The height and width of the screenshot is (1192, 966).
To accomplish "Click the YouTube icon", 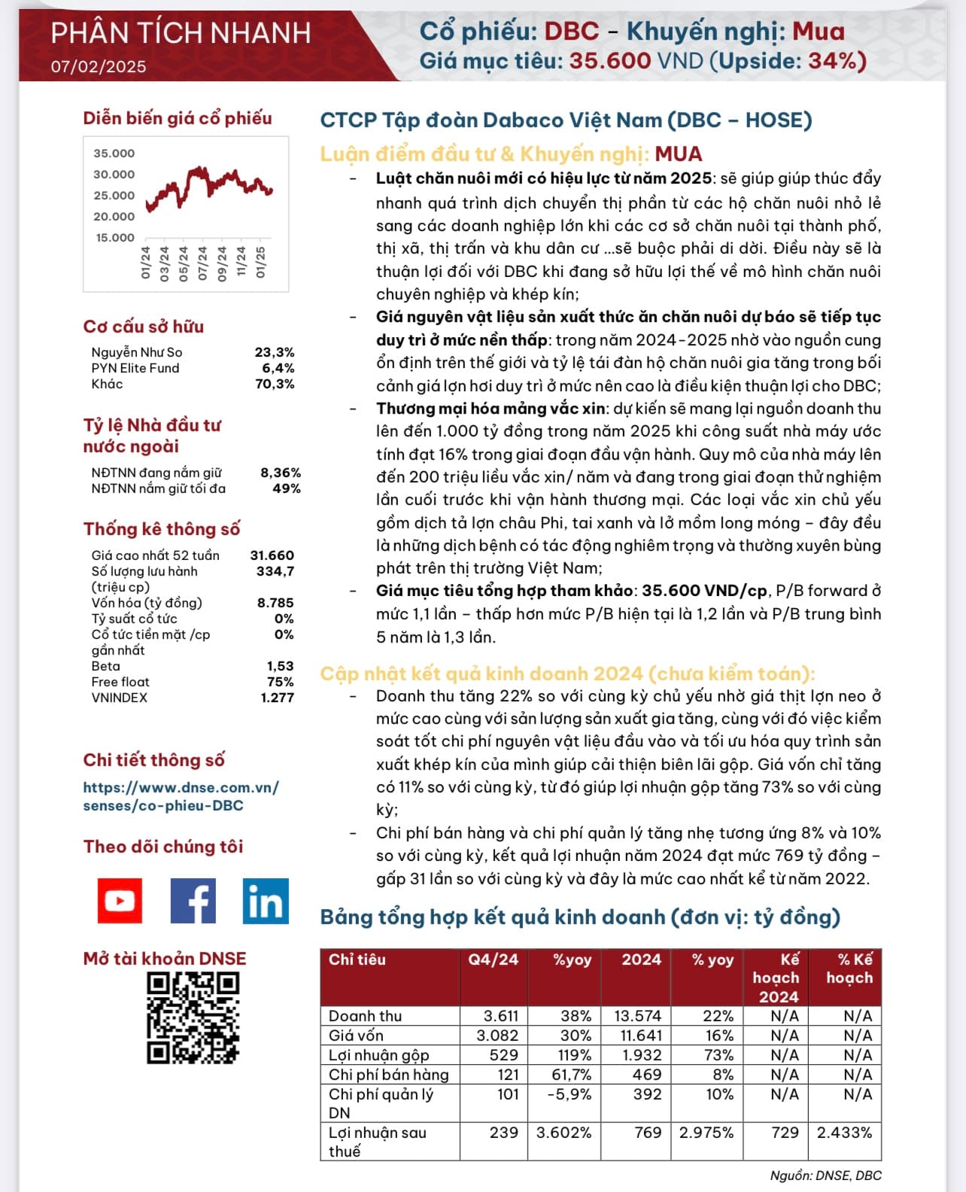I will click(120, 900).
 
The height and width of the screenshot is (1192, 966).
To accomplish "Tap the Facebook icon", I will click(193, 900).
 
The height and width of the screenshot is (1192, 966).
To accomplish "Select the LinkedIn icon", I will click(265, 900).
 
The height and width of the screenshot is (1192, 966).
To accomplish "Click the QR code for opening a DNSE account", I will click(193, 1017).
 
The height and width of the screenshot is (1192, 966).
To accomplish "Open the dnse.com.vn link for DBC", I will click(181, 796).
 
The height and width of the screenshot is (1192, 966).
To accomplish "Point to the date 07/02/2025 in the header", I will click(99, 66).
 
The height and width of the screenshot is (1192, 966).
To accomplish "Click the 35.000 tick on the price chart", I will click(114, 154).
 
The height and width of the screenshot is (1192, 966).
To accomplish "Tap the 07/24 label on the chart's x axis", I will click(202, 263).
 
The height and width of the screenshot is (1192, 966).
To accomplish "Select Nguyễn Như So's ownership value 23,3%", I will click(274, 352).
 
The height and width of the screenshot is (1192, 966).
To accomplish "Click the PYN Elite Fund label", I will click(135, 368).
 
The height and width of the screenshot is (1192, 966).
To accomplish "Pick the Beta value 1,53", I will click(280, 666).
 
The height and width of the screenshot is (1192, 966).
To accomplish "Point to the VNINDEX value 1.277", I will click(277, 698).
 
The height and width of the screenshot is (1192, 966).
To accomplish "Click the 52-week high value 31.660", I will click(272, 555).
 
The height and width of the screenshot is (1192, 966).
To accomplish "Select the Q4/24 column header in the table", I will click(493, 959).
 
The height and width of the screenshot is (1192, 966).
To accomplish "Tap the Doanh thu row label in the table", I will click(365, 1016).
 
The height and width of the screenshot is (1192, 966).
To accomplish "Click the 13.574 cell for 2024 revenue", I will click(637, 1016).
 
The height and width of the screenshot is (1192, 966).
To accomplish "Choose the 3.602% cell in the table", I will click(563, 1133).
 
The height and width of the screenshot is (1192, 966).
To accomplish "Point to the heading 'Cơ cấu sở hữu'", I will click(144, 327).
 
